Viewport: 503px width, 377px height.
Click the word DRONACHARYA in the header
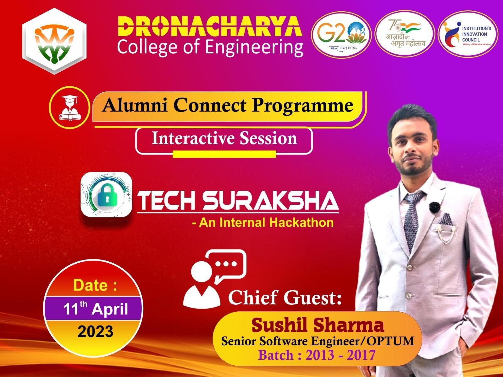(210, 27)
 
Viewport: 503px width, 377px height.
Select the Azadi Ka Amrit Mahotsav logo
(405, 34)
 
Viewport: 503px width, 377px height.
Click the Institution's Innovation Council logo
(468, 34)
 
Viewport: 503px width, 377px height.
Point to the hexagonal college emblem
(54, 41)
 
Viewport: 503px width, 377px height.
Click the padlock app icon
(106, 194)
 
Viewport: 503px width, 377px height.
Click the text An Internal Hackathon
(263, 222)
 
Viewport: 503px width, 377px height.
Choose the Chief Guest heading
(285, 297)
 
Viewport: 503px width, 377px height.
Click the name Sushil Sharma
(318, 325)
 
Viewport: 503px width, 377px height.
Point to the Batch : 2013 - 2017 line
(317, 355)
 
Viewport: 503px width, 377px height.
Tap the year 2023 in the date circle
(96, 331)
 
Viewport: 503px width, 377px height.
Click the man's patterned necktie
(412, 220)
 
